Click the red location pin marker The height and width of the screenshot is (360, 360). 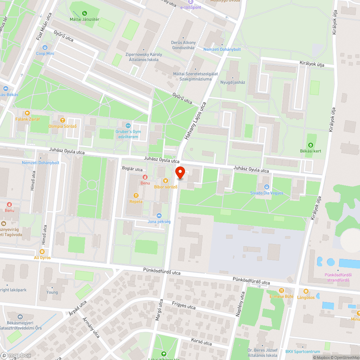[180, 173]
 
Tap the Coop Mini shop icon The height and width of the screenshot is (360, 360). [45, 48]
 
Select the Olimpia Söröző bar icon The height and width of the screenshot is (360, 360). [63, 120]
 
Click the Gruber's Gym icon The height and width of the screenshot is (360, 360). [129, 125]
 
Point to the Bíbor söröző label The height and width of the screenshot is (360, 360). [166, 187]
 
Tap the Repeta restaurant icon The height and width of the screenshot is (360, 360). [136, 195]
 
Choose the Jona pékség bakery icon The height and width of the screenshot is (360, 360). [159, 215]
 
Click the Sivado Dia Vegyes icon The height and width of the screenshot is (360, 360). [266, 187]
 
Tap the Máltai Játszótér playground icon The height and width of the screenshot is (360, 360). [85, 13]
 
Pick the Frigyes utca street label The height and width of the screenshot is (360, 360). [184, 306]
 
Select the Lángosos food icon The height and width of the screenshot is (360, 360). [306, 291]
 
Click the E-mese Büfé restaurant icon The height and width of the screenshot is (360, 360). [282, 291]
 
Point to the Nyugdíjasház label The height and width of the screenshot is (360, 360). [233, 82]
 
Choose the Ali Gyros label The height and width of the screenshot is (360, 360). [42, 258]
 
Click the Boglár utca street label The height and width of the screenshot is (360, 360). [132, 169]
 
